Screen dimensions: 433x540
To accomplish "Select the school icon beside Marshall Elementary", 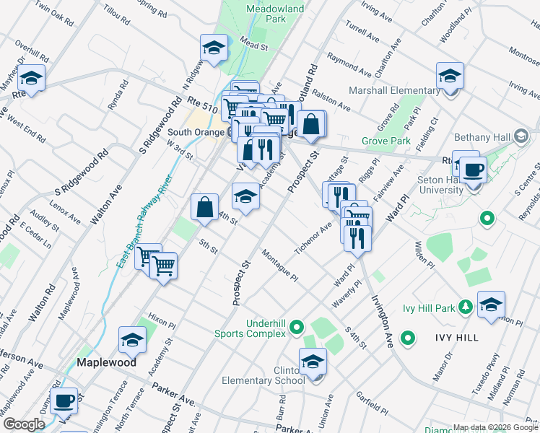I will click(x=450, y=76).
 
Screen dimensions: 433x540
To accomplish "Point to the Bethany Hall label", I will click(x=482, y=137).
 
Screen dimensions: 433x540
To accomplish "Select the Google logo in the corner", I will click(x=24, y=424).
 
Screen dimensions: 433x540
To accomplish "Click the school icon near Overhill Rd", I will click(x=31, y=76).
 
